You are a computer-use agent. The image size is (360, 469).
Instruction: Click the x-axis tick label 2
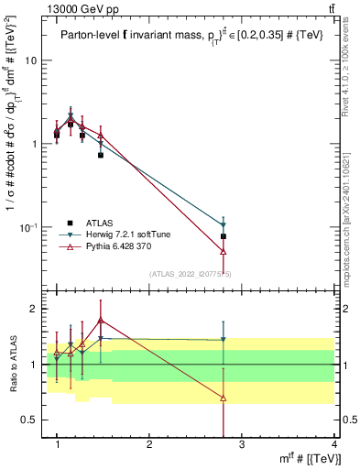point(149,444)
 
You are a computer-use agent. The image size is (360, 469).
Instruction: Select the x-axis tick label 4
point(334,444)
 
